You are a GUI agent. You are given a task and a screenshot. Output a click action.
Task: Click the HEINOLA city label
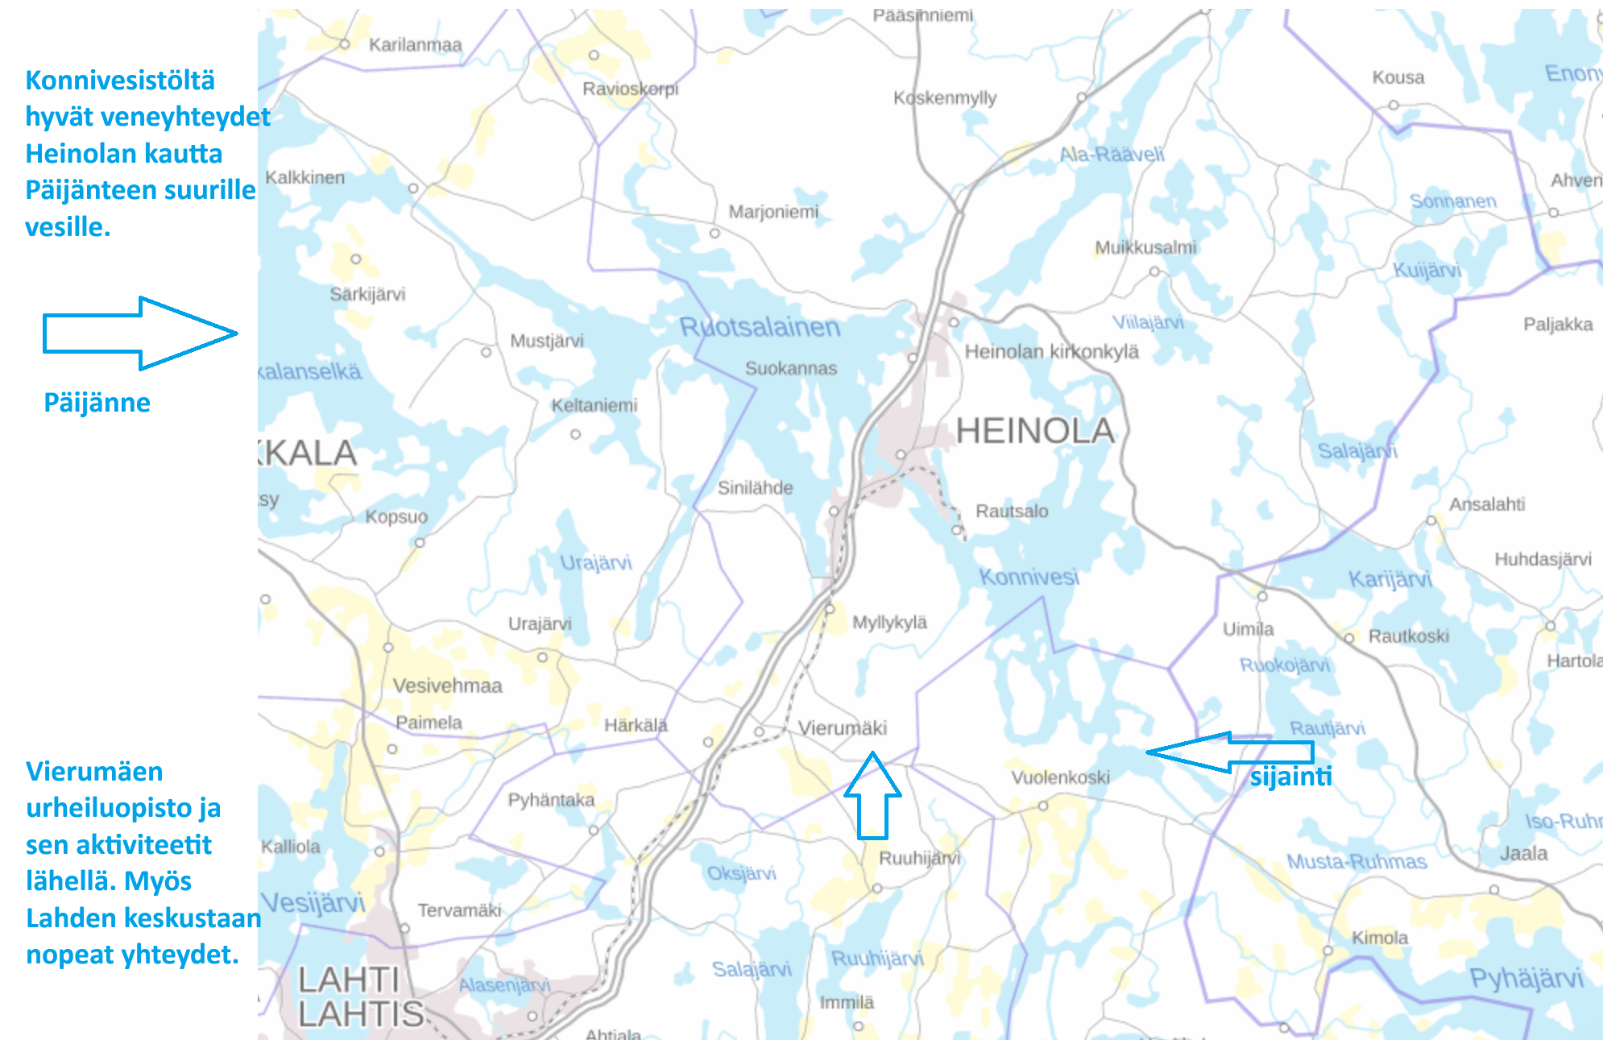[1035, 431]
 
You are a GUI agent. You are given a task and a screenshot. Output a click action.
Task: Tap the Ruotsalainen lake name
[760, 327]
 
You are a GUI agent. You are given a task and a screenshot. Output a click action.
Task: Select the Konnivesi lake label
[1029, 577]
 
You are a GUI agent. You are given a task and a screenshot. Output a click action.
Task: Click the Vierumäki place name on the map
[842, 728]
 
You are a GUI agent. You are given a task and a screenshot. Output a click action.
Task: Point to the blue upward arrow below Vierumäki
[872, 796]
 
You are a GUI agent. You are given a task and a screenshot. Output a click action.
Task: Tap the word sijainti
[1290, 777]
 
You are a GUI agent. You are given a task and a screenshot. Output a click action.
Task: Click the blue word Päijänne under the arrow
[97, 403]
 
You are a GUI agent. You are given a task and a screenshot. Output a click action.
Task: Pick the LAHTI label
[349, 980]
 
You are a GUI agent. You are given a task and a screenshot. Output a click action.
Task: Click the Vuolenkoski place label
[1060, 777]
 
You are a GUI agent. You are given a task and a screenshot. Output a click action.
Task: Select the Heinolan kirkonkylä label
[1051, 352]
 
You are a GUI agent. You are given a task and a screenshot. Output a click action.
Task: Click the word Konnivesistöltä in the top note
[120, 81]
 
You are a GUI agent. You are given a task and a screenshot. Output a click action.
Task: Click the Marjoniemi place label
[773, 212]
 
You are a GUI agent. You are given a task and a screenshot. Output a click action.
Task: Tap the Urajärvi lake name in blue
[595, 562]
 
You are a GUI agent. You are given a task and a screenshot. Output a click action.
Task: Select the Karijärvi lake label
[1390, 579]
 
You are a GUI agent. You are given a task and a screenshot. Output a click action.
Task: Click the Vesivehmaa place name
[447, 686]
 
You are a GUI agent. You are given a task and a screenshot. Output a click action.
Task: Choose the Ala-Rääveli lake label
[1112, 154]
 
